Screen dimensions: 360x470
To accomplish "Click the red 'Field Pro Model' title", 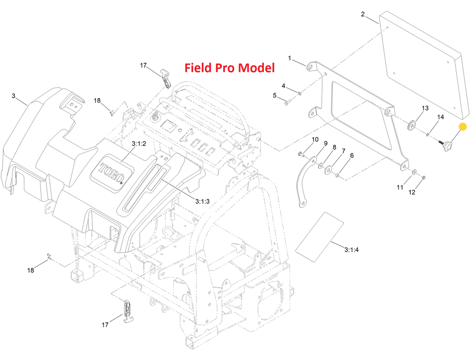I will pyautogui.click(x=229, y=68).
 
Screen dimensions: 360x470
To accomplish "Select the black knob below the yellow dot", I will pyautogui.click(x=447, y=147).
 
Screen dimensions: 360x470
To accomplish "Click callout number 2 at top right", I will pyautogui.click(x=363, y=14).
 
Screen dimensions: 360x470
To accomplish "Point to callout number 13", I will pyautogui.click(x=425, y=108).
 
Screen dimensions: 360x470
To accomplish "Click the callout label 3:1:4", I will pyautogui.click(x=352, y=250).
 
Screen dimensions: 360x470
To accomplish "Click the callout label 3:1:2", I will pyautogui.click(x=138, y=144).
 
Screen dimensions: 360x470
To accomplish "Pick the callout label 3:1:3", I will pyautogui.click(x=202, y=201).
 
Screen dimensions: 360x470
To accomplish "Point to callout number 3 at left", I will pyautogui.click(x=14, y=96).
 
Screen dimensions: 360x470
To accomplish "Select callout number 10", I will pyautogui.click(x=315, y=139).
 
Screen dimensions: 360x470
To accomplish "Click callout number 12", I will pyautogui.click(x=412, y=192).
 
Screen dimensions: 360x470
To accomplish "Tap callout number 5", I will pyautogui.click(x=275, y=95).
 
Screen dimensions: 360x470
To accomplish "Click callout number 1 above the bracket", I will pyautogui.click(x=290, y=58).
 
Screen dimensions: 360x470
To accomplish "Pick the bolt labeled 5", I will pyautogui.click(x=286, y=103).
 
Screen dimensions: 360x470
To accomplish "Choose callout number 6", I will pyautogui.click(x=352, y=156).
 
